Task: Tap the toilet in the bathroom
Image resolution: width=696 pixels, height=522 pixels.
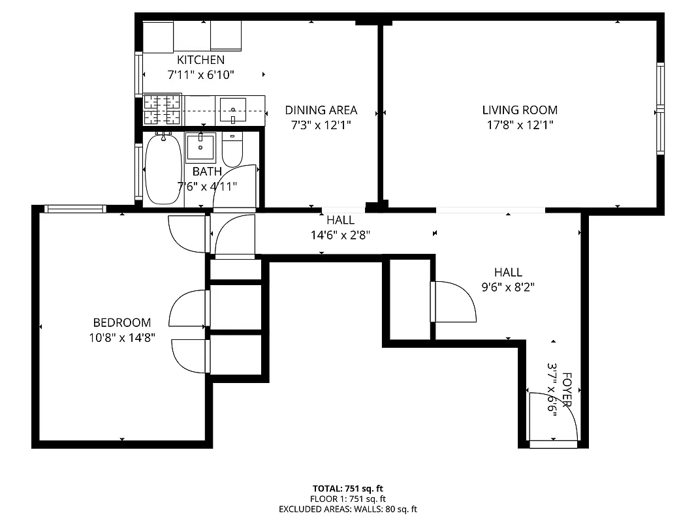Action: point(232,150)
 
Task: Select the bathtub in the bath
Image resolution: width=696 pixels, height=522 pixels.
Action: point(161,169)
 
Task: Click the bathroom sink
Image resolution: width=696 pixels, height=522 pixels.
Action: point(200,147)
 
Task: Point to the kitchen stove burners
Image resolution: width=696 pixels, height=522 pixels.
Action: point(162,110)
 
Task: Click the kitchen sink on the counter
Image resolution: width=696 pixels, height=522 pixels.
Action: point(232,109)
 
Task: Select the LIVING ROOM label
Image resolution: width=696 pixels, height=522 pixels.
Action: point(520,110)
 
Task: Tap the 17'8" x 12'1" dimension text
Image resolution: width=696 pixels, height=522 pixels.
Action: point(520,125)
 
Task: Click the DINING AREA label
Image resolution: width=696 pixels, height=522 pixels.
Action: point(321,110)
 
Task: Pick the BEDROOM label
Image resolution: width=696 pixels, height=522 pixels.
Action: point(122,322)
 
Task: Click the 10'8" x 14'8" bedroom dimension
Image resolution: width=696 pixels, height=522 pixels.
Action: point(122,338)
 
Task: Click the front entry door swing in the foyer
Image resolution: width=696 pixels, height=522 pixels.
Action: point(555,418)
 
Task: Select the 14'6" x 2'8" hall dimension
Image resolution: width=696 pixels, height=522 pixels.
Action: point(340,235)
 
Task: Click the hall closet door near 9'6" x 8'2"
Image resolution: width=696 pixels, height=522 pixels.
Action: point(454,301)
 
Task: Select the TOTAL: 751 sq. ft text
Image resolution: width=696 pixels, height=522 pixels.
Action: point(347,488)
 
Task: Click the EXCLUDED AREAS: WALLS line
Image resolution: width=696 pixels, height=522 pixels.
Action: point(347,509)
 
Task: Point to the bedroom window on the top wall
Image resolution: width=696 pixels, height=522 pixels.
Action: point(75,209)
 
